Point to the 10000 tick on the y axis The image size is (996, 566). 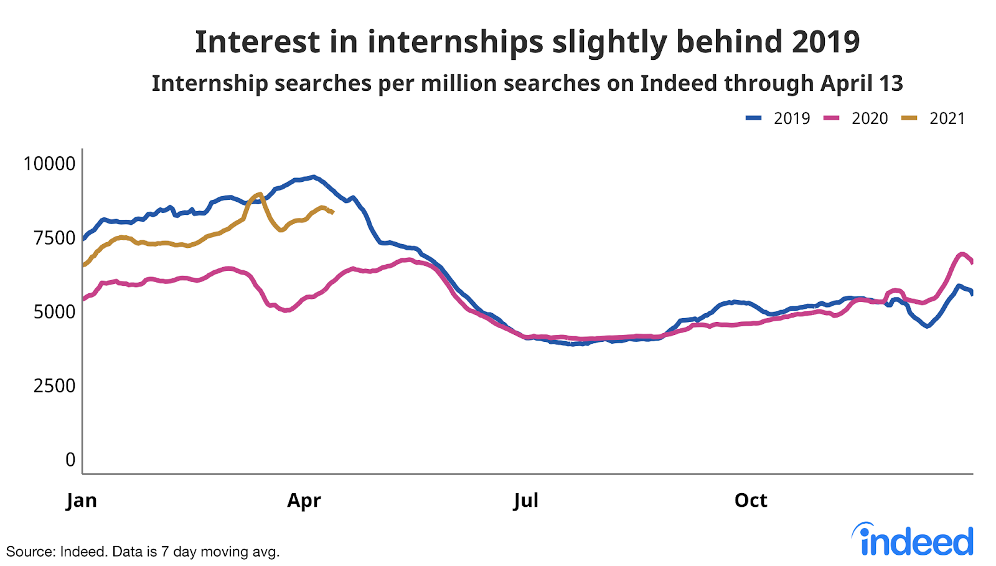click(x=49, y=164)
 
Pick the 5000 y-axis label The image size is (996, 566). click(x=54, y=311)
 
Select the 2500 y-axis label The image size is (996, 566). click(x=54, y=385)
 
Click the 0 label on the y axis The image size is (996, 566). click(x=70, y=460)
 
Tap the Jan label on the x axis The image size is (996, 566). click(x=82, y=500)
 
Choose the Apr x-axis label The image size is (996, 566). click(x=304, y=500)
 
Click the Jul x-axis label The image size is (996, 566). click(x=526, y=500)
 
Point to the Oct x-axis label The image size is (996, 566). click(x=751, y=500)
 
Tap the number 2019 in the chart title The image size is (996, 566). click(x=825, y=42)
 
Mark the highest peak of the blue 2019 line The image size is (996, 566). click(x=313, y=177)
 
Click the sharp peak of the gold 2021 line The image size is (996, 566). click(x=260, y=194)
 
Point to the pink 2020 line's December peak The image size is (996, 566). click(x=962, y=254)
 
